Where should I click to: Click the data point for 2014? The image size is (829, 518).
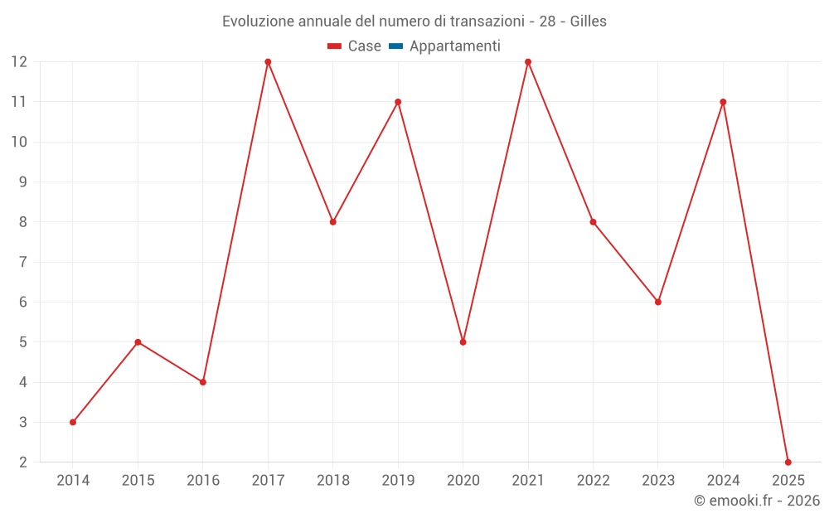click(x=73, y=422)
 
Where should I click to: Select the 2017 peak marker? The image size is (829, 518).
click(x=268, y=62)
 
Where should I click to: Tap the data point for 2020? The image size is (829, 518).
click(x=463, y=342)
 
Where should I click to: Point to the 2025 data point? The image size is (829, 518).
click(x=788, y=462)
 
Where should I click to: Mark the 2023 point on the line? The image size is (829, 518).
click(x=658, y=302)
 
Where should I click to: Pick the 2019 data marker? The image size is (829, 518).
click(x=398, y=102)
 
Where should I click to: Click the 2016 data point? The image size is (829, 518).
click(x=203, y=382)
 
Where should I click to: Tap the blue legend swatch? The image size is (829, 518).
click(x=395, y=46)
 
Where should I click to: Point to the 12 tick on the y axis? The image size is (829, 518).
click(x=19, y=62)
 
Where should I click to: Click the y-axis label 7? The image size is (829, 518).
click(x=23, y=262)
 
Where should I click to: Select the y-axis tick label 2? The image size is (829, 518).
click(x=23, y=462)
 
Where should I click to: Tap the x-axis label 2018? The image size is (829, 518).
click(x=333, y=481)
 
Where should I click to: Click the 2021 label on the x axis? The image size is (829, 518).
click(x=528, y=481)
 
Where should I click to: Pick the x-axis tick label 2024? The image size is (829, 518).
click(x=723, y=481)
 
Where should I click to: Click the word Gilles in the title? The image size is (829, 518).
click(x=589, y=22)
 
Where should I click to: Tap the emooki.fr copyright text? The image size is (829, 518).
click(x=757, y=501)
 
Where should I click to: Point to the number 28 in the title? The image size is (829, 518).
click(x=547, y=22)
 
